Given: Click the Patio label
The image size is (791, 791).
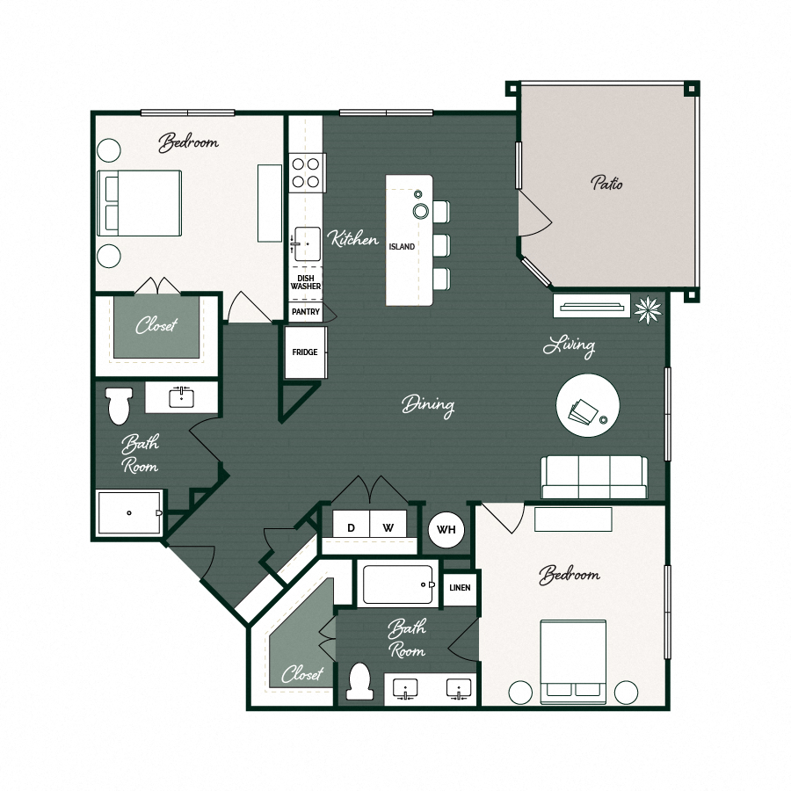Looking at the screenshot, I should pos(606,184).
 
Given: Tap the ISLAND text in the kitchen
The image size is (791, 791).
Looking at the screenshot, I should pos(402,247).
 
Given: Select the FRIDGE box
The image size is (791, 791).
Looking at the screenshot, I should pos(305,352).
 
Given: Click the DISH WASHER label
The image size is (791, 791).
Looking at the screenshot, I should pos(306,282).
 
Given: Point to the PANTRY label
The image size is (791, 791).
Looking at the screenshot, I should pos(306,311).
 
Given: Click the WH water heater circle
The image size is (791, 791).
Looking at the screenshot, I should pos(446,530).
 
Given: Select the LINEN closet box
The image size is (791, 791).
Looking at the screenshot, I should pos(460,587).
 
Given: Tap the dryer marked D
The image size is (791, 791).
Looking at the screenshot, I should pos(351,527).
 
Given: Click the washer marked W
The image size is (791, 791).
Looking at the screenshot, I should pos(388,527).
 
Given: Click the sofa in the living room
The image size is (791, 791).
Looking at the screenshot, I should pos(595,477).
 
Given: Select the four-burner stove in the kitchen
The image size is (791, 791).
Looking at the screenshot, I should pos(306,172).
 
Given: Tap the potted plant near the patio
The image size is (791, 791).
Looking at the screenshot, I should pos(649,308).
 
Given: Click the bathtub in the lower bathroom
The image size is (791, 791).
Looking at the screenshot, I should pos(398,584).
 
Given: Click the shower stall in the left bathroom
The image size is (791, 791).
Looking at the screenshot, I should pos(130,512).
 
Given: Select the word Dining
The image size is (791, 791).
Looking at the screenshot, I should pos(428,405).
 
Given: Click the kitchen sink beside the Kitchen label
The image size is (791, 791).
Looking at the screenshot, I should pos(306,243).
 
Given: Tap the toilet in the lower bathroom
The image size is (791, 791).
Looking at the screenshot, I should pos(360,682).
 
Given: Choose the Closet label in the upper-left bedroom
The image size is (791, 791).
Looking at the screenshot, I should pos(156,326).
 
